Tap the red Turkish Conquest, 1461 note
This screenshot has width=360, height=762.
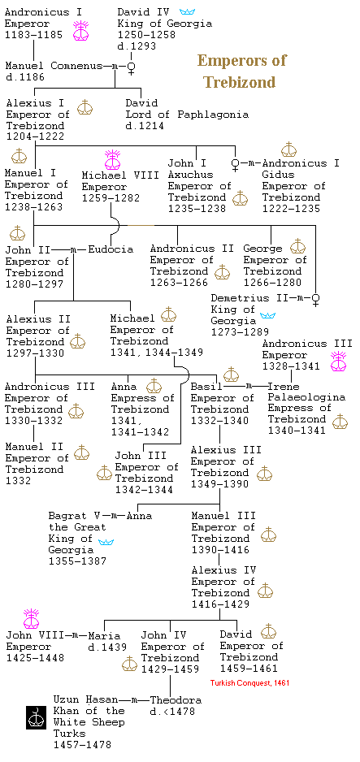249,682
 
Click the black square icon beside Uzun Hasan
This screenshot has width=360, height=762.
36,717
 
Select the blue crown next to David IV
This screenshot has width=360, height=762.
187,11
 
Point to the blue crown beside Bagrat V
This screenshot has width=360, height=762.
106,542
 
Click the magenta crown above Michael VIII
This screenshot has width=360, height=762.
112,160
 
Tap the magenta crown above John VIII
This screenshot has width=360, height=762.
31,619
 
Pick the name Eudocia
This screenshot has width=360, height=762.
111,249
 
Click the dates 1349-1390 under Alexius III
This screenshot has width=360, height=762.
219,484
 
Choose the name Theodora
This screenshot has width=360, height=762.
176,700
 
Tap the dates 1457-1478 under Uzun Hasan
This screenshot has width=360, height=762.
82,744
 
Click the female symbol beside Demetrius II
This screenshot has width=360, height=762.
316,299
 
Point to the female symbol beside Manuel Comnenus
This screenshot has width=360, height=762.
130,67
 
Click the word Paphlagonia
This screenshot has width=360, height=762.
213,115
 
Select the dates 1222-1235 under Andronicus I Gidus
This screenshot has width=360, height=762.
291,209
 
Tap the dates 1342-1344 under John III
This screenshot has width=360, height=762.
144,490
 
